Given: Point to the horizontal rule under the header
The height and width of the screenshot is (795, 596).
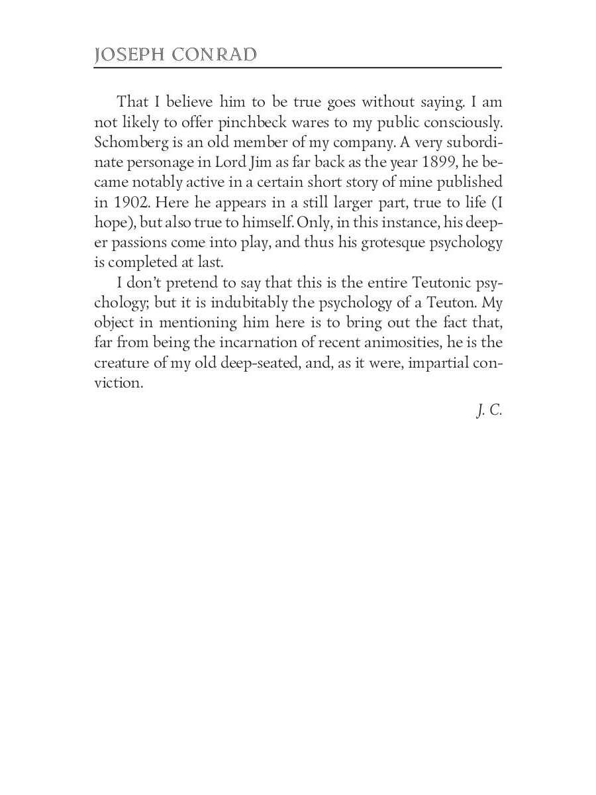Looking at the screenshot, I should click(298, 68).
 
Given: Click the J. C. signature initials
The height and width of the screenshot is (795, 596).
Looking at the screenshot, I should click(489, 411).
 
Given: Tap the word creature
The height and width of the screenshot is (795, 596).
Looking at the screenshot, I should click(119, 363).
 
